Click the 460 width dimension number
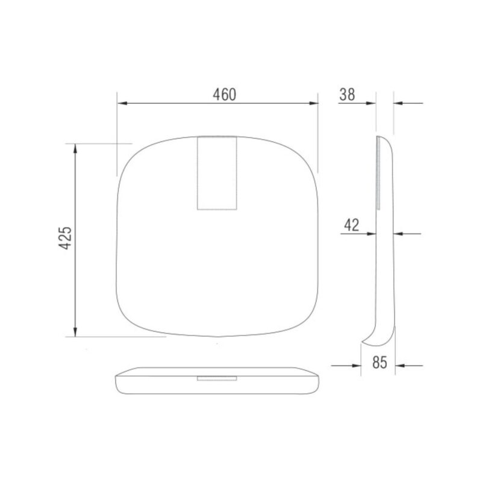[x=225, y=95]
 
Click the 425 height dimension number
[x=65, y=238]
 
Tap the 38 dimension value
[x=347, y=95]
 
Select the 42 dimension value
[x=351, y=225]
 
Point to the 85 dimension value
[x=380, y=363]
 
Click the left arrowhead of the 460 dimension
[x=122, y=103]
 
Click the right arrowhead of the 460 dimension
[x=313, y=103]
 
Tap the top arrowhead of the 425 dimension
[x=75, y=148]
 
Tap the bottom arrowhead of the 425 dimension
[x=75, y=332]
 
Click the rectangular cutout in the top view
[x=217, y=173]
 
